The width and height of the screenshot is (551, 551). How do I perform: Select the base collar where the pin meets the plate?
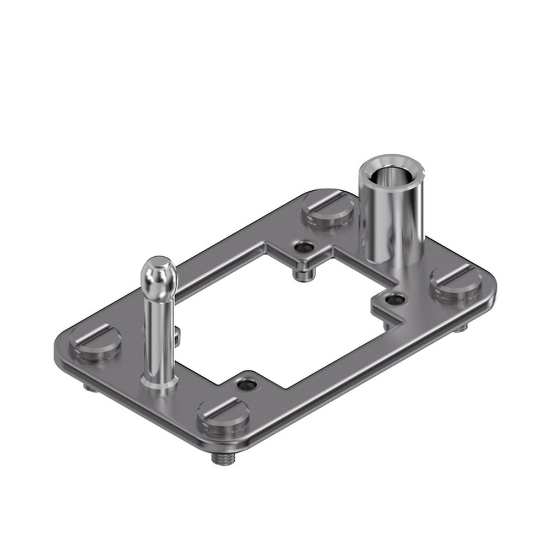[x=159, y=380]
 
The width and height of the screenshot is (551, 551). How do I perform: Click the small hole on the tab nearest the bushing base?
[x=395, y=300]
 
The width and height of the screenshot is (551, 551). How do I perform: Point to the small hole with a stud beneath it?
[x=302, y=248]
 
